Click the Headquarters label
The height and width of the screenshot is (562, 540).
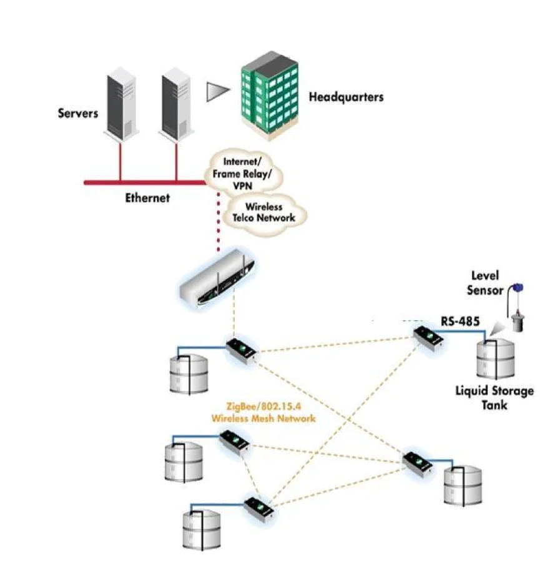[346, 97]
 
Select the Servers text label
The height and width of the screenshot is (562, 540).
[78, 113]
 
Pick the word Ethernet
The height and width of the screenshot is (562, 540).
[147, 198]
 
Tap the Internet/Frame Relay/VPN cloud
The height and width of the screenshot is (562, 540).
[243, 171]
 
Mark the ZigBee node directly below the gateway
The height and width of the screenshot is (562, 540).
[240, 352]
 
